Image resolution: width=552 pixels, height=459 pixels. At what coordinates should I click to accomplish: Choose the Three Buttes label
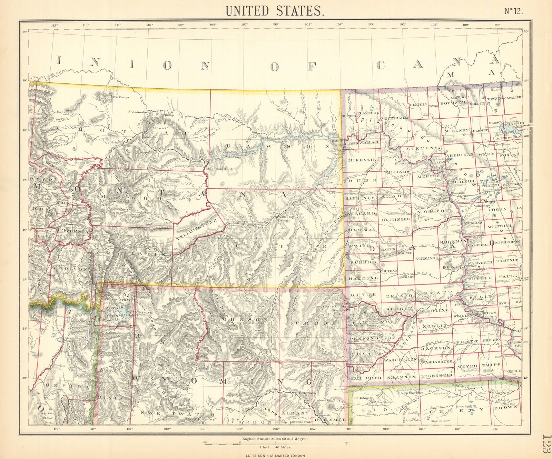point(119,97)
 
